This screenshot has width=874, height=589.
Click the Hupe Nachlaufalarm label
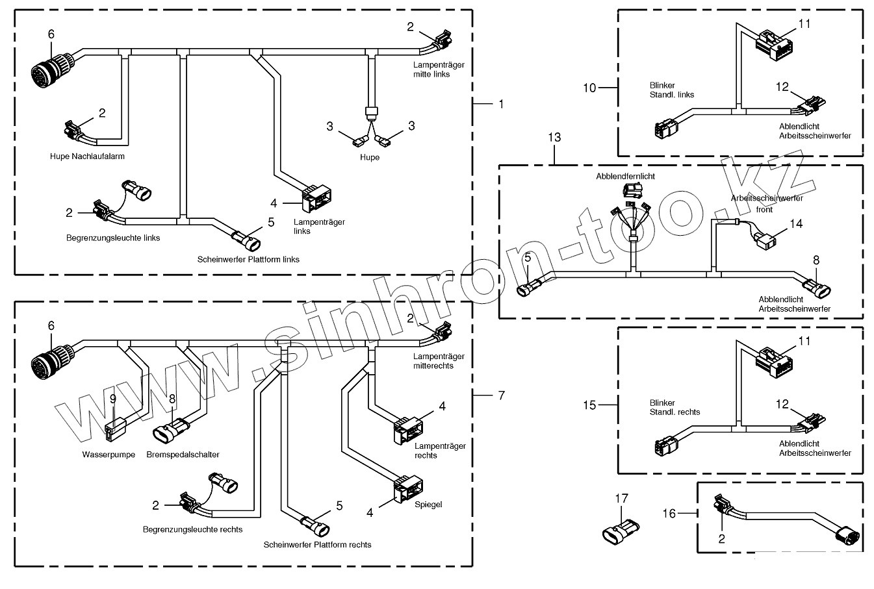click(x=87, y=157)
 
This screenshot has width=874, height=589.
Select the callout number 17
click(x=622, y=499)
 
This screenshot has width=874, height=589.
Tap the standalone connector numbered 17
click(x=619, y=529)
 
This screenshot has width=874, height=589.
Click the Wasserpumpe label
click(x=109, y=455)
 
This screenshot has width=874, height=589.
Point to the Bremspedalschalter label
click(x=183, y=455)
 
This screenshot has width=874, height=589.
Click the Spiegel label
click(x=428, y=505)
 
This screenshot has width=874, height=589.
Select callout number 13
click(x=554, y=138)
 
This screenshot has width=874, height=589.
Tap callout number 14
click(x=796, y=223)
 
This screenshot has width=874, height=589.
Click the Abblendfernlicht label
click(x=625, y=176)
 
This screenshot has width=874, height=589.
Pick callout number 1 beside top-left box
click(x=501, y=104)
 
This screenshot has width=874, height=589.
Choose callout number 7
click(x=501, y=395)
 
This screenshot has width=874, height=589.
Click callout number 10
click(x=589, y=88)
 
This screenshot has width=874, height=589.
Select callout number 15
click(x=589, y=405)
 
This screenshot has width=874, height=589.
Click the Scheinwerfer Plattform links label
click(x=248, y=259)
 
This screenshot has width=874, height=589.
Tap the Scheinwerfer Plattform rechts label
click(x=317, y=545)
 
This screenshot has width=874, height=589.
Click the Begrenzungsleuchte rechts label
click(x=192, y=529)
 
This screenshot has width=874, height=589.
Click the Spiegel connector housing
click(x=407, y=490)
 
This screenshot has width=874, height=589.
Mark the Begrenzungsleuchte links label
click(x=113, y=238)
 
